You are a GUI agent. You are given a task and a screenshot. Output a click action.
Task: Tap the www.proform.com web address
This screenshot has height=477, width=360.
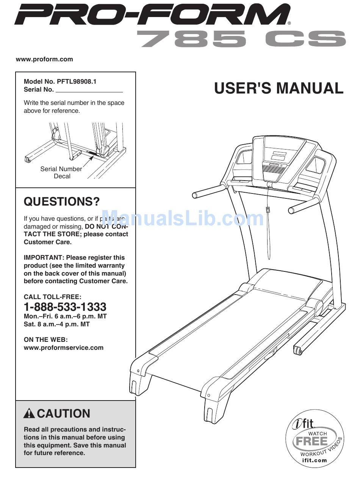tap(44, 59)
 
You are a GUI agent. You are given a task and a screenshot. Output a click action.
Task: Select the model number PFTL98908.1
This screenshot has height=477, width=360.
tap(77, 82)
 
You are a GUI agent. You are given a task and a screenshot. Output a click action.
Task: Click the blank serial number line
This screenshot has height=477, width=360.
tap(89, 90)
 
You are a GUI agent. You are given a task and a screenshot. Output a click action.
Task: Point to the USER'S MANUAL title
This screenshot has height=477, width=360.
tap(279, 88)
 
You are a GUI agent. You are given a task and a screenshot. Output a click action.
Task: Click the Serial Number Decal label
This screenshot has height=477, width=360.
tap(61, 173)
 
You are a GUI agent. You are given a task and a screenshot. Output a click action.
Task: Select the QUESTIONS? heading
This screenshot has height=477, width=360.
tap(62, 202)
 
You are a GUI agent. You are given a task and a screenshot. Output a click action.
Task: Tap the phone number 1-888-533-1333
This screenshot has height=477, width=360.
tap(65, 307)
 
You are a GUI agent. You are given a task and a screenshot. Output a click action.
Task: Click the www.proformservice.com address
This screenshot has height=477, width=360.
tap(64, 348)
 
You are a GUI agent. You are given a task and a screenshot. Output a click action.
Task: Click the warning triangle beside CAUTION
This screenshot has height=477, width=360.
tap(29, 413)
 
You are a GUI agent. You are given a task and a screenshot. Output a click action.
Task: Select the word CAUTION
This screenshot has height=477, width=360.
tap(64, 413)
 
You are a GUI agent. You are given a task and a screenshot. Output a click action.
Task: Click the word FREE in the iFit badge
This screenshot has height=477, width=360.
tap(312, 441)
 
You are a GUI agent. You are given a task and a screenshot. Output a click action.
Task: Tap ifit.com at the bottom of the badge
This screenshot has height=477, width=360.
tap(315, 460)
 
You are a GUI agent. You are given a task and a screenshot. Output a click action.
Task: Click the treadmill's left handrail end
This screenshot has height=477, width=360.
tap(196, 195)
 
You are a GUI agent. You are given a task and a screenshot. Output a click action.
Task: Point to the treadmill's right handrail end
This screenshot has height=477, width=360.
tap(291, 210)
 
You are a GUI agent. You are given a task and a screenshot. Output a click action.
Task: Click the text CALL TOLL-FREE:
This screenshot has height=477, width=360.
tap(52, 297)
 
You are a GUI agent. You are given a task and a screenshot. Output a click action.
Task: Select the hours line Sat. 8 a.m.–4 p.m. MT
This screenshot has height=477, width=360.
tap(56, 324)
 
